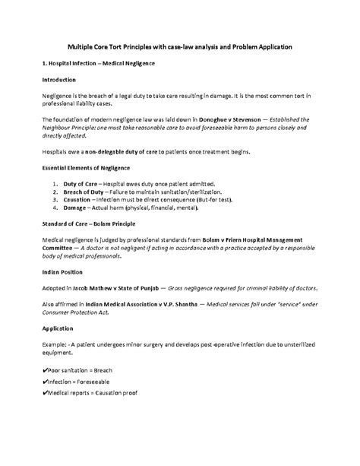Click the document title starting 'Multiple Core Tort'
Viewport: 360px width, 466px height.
pyautogui.click(x=180, y=47)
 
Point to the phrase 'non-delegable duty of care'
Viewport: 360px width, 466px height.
pyautogui.click(x=129, y=151)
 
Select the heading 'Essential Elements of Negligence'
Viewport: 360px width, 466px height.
pyautogui.click(x=86, y=167)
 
